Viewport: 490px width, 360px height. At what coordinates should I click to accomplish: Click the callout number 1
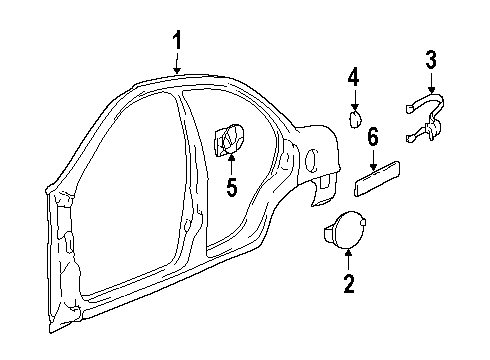177,41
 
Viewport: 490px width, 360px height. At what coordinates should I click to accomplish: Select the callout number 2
348,286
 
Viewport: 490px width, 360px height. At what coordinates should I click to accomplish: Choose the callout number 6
373,136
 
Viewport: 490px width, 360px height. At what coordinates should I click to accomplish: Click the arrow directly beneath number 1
177,64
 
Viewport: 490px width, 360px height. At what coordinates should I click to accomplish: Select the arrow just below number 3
431,80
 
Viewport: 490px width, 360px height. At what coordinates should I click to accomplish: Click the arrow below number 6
373,157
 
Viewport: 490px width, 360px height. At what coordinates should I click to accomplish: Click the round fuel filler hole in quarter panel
312,157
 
